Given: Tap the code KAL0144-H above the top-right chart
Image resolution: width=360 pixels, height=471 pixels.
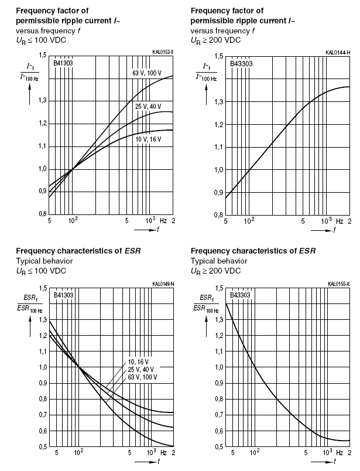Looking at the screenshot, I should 338,53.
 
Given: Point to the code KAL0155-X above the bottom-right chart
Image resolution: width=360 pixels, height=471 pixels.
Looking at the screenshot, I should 338,285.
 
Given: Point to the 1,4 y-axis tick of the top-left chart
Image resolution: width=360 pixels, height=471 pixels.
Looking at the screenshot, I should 42,78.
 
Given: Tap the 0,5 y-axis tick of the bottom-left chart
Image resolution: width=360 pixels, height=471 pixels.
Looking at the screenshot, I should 42,446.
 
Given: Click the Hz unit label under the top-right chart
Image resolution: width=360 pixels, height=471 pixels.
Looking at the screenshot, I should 340,221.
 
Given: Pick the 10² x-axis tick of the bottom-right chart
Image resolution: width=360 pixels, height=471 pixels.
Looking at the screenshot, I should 255,453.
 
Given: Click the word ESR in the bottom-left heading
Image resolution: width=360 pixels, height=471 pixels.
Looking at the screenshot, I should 132,251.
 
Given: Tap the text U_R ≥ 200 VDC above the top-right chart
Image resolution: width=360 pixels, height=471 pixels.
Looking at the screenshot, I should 215,40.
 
